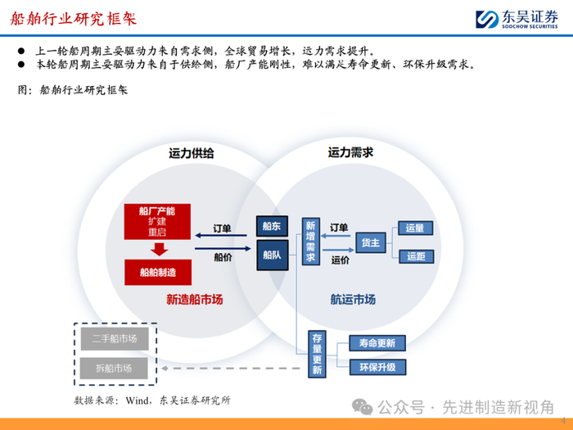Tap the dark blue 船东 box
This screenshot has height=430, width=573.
click(x=272, y=225)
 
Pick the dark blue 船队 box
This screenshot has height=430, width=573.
click(x=272, y=255)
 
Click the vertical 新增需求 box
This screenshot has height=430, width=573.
click(x=310, y=242)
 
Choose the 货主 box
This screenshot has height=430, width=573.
click(x=369, y=242)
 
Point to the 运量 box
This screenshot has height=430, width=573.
click(x=415, y=228)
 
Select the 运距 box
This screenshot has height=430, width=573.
click(x=415, y=256)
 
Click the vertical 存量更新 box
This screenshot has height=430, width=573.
click(x=317, y=354)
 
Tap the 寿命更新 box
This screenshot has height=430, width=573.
click(x=377, y=343)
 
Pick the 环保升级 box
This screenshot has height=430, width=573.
click(x=377, y=367)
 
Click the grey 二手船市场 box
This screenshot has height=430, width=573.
click(x=114, y=338)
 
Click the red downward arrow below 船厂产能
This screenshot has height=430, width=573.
click(x=158, y=248)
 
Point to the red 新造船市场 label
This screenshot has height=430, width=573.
click(x=194, y=300)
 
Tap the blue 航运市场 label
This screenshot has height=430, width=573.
click(x=353, y=300)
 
